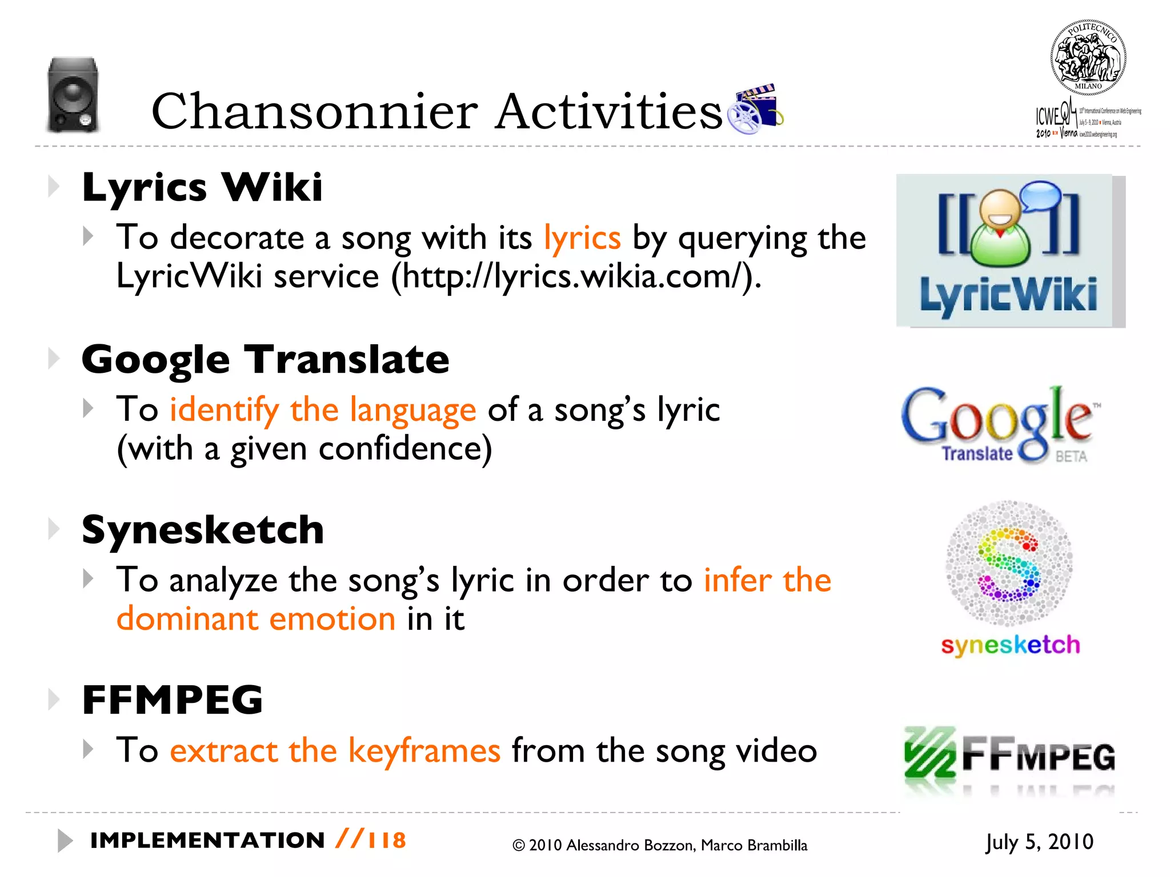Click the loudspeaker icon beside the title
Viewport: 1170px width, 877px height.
click(x=73, y=95)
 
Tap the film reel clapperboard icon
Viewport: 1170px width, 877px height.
click(x=755, y=108)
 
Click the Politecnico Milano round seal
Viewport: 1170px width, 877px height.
click(x=1088, y=57)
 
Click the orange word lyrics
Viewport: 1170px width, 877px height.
click(x=582, y=238)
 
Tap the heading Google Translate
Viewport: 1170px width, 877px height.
click(x=266, y=360)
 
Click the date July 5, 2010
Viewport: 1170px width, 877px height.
click(x=1039, y=842)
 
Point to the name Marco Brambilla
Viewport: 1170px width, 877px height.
click(x=754, y=846)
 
